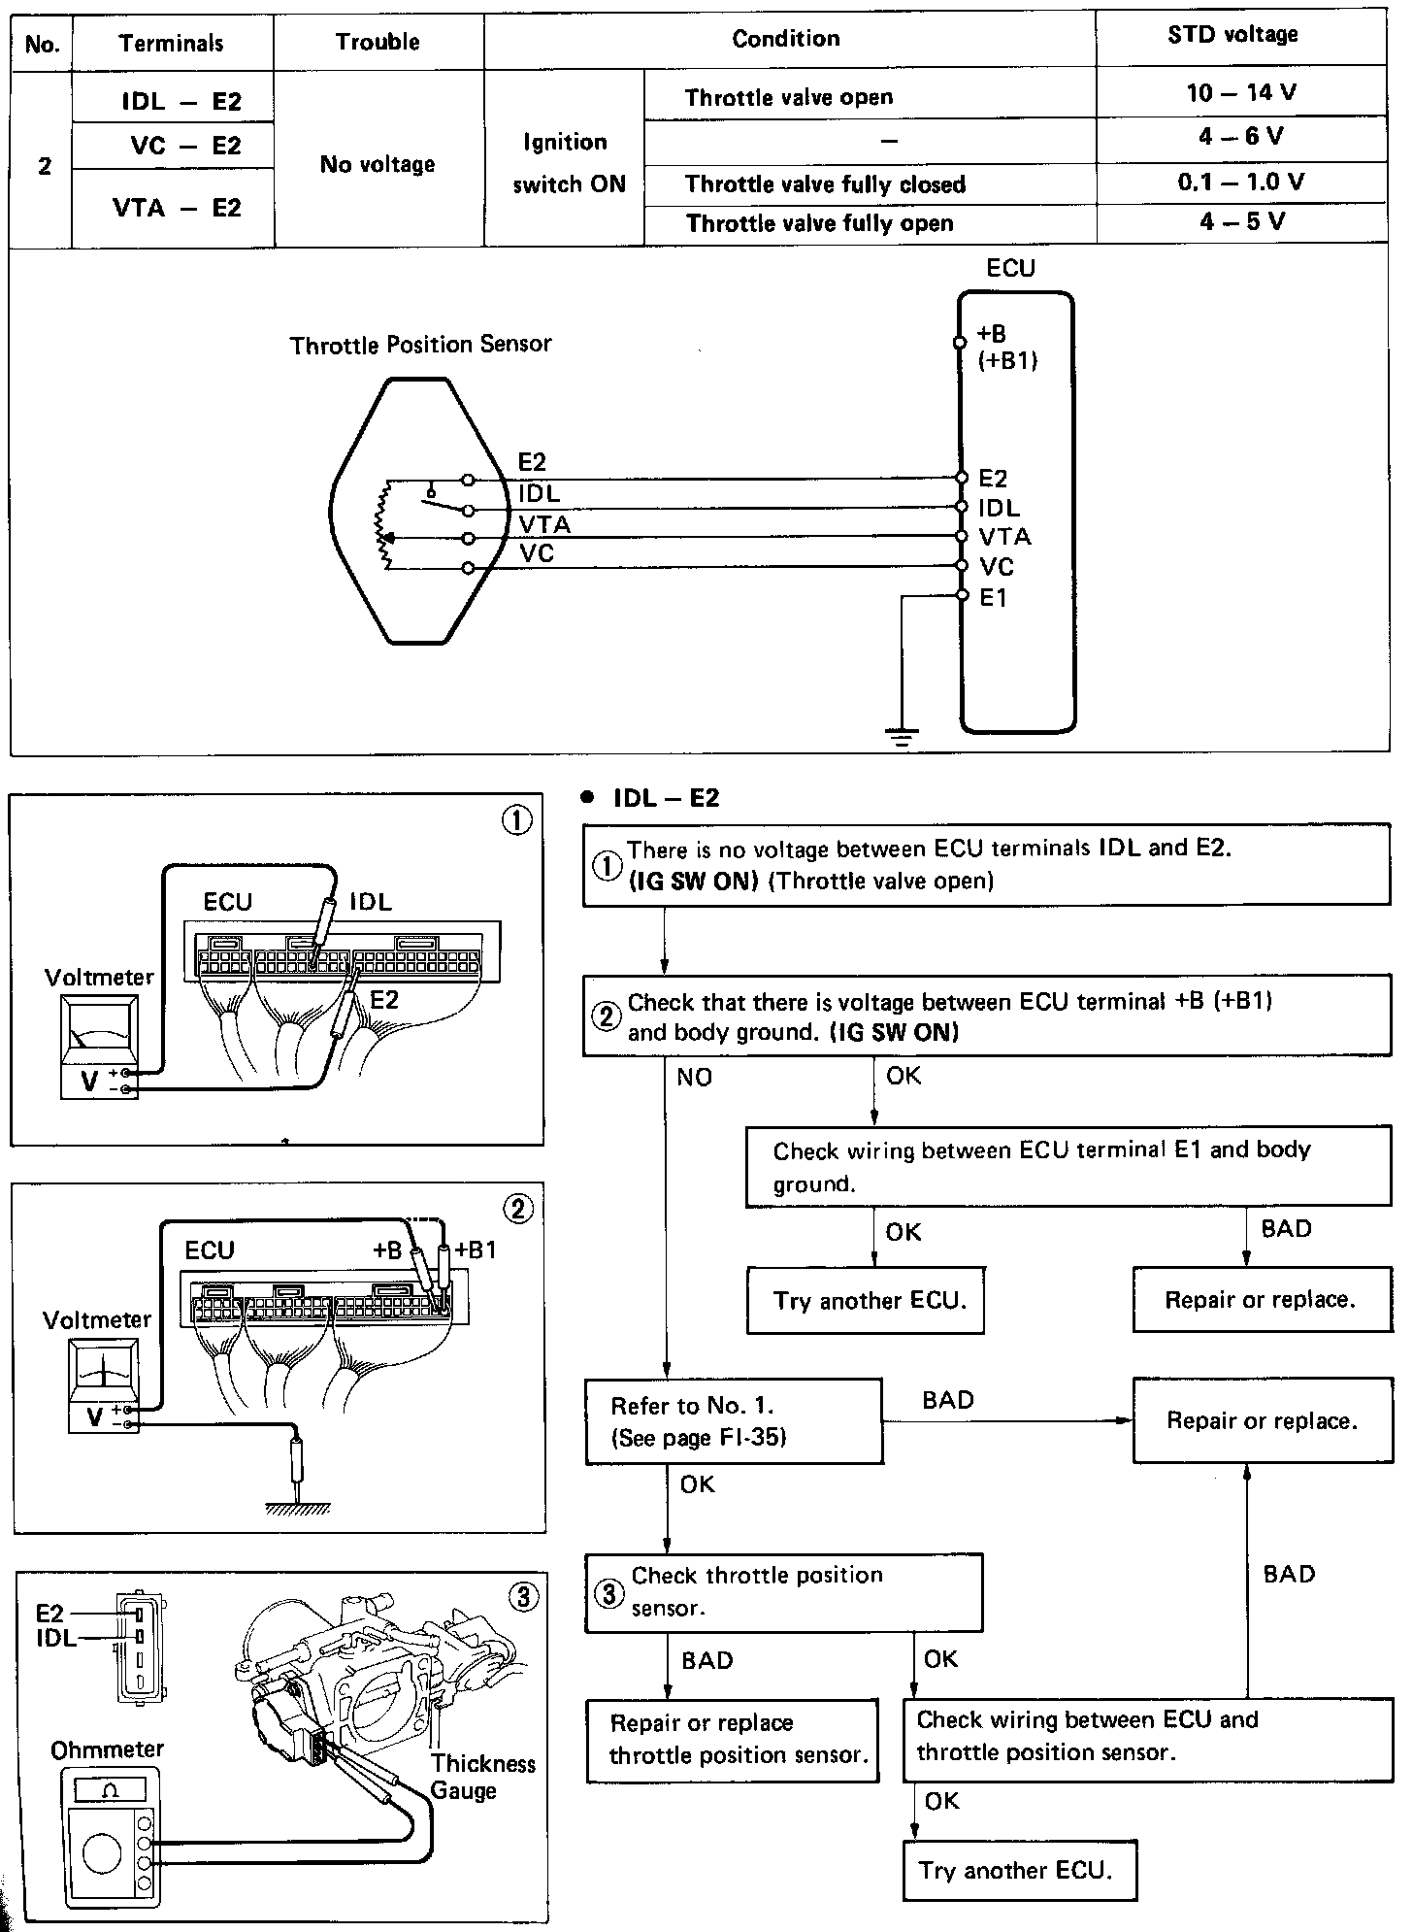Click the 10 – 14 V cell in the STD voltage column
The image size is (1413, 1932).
(1240, 93)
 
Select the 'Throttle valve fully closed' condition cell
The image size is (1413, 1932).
(825, 184)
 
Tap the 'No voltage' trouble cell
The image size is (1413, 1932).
(378, 165)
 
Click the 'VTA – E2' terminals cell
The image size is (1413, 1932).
(176, 208)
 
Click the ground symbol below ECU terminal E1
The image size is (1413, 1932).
(903, 736)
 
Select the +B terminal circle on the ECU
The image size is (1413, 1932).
(960, 342)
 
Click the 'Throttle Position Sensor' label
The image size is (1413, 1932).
(420, 345)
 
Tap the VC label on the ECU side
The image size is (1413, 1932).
(996, 567)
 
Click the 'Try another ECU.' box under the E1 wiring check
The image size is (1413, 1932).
(866, 1301)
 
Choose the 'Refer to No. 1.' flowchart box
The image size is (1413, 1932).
(734, 1421)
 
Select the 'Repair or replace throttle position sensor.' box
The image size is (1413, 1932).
(734, 1740)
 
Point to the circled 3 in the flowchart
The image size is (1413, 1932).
(609, 1593)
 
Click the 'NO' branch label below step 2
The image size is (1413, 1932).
(694, 1077)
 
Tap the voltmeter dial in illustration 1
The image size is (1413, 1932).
(99, 1026)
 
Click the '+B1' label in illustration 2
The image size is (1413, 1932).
(476, 1250)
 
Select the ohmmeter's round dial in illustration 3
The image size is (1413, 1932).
(102, 1854)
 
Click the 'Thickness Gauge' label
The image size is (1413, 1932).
(482, 1777)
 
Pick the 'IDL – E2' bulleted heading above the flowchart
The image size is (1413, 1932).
(666, 798)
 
